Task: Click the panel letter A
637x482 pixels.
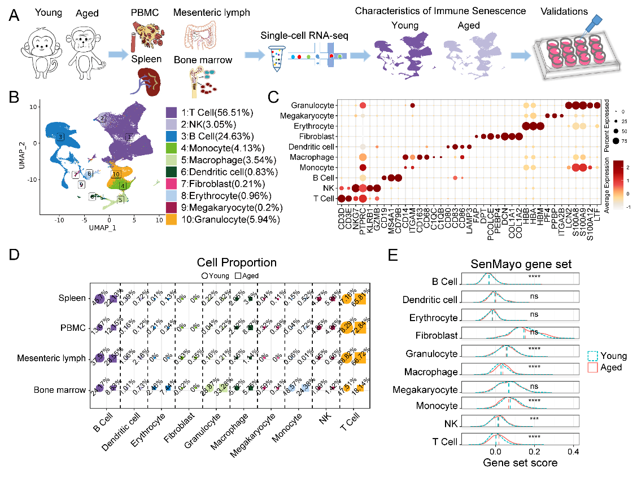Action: (15, 16)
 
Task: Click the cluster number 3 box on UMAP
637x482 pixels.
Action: (60, 137)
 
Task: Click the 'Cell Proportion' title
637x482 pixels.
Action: (237, 262)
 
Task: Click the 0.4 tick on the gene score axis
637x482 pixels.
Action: (574, 453)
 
